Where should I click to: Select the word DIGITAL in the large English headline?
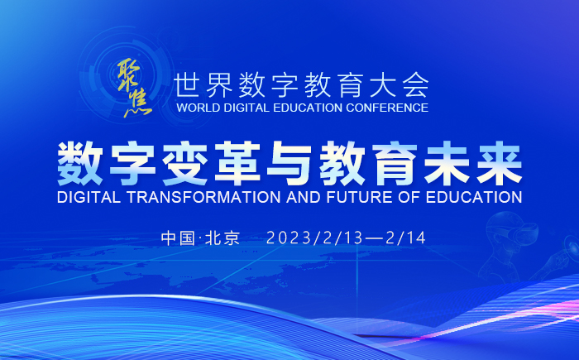89,197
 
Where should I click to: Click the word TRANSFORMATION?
203,197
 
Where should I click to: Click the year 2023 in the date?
289,238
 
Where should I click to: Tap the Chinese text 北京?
223,238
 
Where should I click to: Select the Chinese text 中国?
178,238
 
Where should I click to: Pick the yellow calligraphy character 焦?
138,103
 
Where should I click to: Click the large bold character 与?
289,163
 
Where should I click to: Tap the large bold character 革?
237,163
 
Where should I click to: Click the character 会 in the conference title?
415,84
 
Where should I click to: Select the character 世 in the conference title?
187,84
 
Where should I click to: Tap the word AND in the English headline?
304,197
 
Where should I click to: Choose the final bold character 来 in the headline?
500,163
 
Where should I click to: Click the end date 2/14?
406,238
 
